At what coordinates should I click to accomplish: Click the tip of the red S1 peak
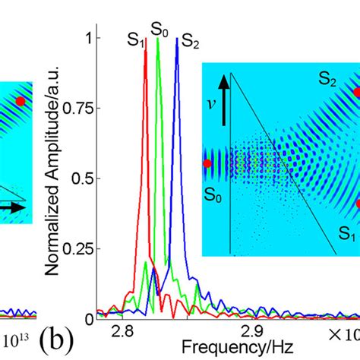pyautogui.click(x=146, y=62)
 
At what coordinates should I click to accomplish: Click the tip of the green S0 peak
pyautogui.click(x=158, y=39)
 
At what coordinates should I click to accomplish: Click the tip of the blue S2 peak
pyautogui.click(x=177, y=39)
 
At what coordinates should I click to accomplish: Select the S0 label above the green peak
pyautogui.click(x=159, y=28)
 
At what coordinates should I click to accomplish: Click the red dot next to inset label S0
pyautogui.click(x=207, y=163)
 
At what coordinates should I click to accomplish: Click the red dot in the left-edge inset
pyautogui.click(x=21, y=100)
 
